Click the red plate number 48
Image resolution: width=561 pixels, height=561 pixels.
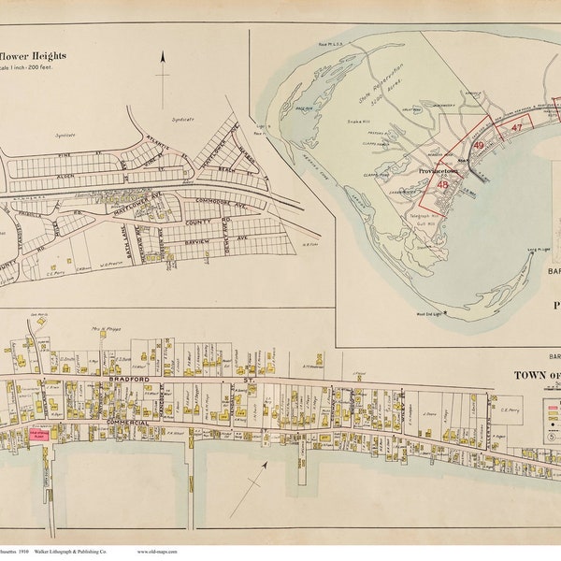click(441, 184)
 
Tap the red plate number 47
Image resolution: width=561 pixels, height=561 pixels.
click(514, 129)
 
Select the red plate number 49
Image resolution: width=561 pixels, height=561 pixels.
click(478, 146)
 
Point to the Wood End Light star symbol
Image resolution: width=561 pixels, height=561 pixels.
click(446, 311)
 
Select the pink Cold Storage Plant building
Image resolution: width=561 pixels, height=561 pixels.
click(40, 434)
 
